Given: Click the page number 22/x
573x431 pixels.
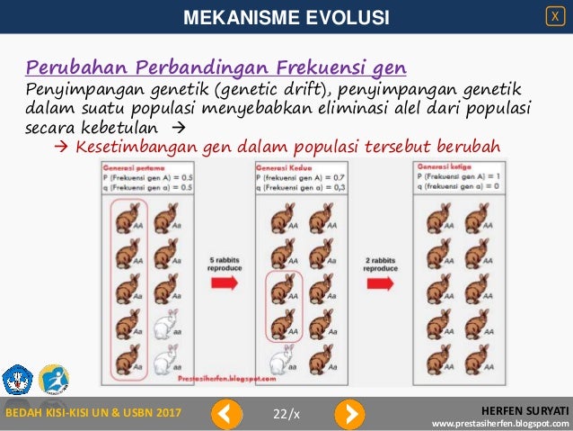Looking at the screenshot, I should [x=286, y=413].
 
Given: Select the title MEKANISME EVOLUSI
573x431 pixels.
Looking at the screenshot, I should [x=286, y=17].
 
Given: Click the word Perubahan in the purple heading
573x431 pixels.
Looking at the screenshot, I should [x=68, y=67].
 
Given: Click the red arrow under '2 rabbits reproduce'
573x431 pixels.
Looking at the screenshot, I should [x=382, y=283].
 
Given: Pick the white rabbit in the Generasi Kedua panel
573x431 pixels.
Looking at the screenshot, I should [x=281, y=358].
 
